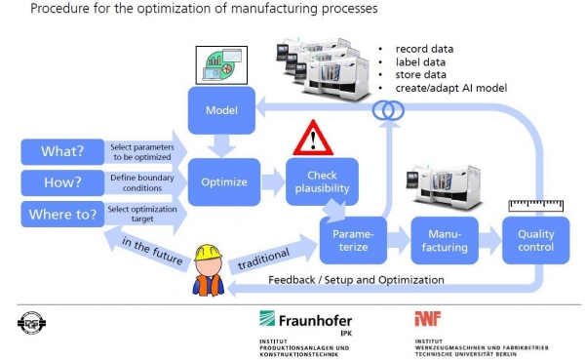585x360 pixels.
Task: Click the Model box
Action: pyautogui.click(x=221, y=110)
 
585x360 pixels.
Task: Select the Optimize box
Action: pyautogui.click(x=224, y=181)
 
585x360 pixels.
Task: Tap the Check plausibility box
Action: pyautogui.click(x=322, y=181)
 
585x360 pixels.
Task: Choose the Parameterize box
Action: pyautogui.click(x=353, y=240)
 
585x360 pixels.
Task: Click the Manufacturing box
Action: pyautogui.click(x=445, y=240)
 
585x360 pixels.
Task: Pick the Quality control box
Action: pyautogui.click(x=535, y=240)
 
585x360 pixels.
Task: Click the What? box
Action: pyautogui.click(x=62, y=151)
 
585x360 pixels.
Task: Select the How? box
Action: pyautogui.click(x=62, y=183)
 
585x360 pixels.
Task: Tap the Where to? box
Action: pyautogui.click(x=62, y=214)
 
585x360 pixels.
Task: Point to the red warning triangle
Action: pyautogui.click(x=313, y=139)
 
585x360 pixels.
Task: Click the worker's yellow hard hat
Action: pyautogui.click(x=208, y=253)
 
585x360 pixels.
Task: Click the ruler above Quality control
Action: pyautogui.click(x=536, y=206)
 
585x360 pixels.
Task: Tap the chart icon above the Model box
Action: pyautogui.click(x=221, y=65)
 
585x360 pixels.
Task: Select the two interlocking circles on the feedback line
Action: pyautogui.click(x=388, y=110)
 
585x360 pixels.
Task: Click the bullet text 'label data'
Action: pyautogui.click(x=420, y=62)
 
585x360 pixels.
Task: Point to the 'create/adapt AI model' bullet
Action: pyautogui.click(x=451, y=88)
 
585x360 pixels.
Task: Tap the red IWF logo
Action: pyautogui.click(x=428, y=319)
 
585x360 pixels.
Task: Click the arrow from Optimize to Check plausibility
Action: pyautogui.click(x=273, y=181)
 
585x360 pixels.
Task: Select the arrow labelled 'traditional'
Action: pyautogui.click(x=273, y=255)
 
